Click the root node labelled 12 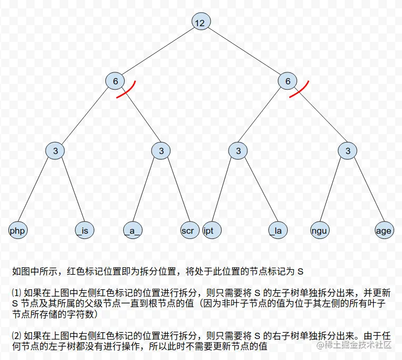click(x=200, y=23)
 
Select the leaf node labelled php click(x=18, y=231)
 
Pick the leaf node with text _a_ click(x=133, y=231)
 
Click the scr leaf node click(x=187, y=231)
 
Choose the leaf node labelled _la click(x=277, y=231)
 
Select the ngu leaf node click(x=319, y=231)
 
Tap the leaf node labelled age click(x=384, y=231)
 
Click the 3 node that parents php click(x=55, y=151)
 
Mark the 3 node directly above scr click(x=161, y=151)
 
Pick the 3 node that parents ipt click(x=238, y=151)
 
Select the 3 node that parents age click(x=347, y=151)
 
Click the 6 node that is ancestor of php click(x=115, y=81)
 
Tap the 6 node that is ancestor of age click(x=288, y=81)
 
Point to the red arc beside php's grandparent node click(x=128, y=91)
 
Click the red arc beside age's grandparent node click(x=300, y=91)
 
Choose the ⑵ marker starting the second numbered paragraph click(x=16, y=335)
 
